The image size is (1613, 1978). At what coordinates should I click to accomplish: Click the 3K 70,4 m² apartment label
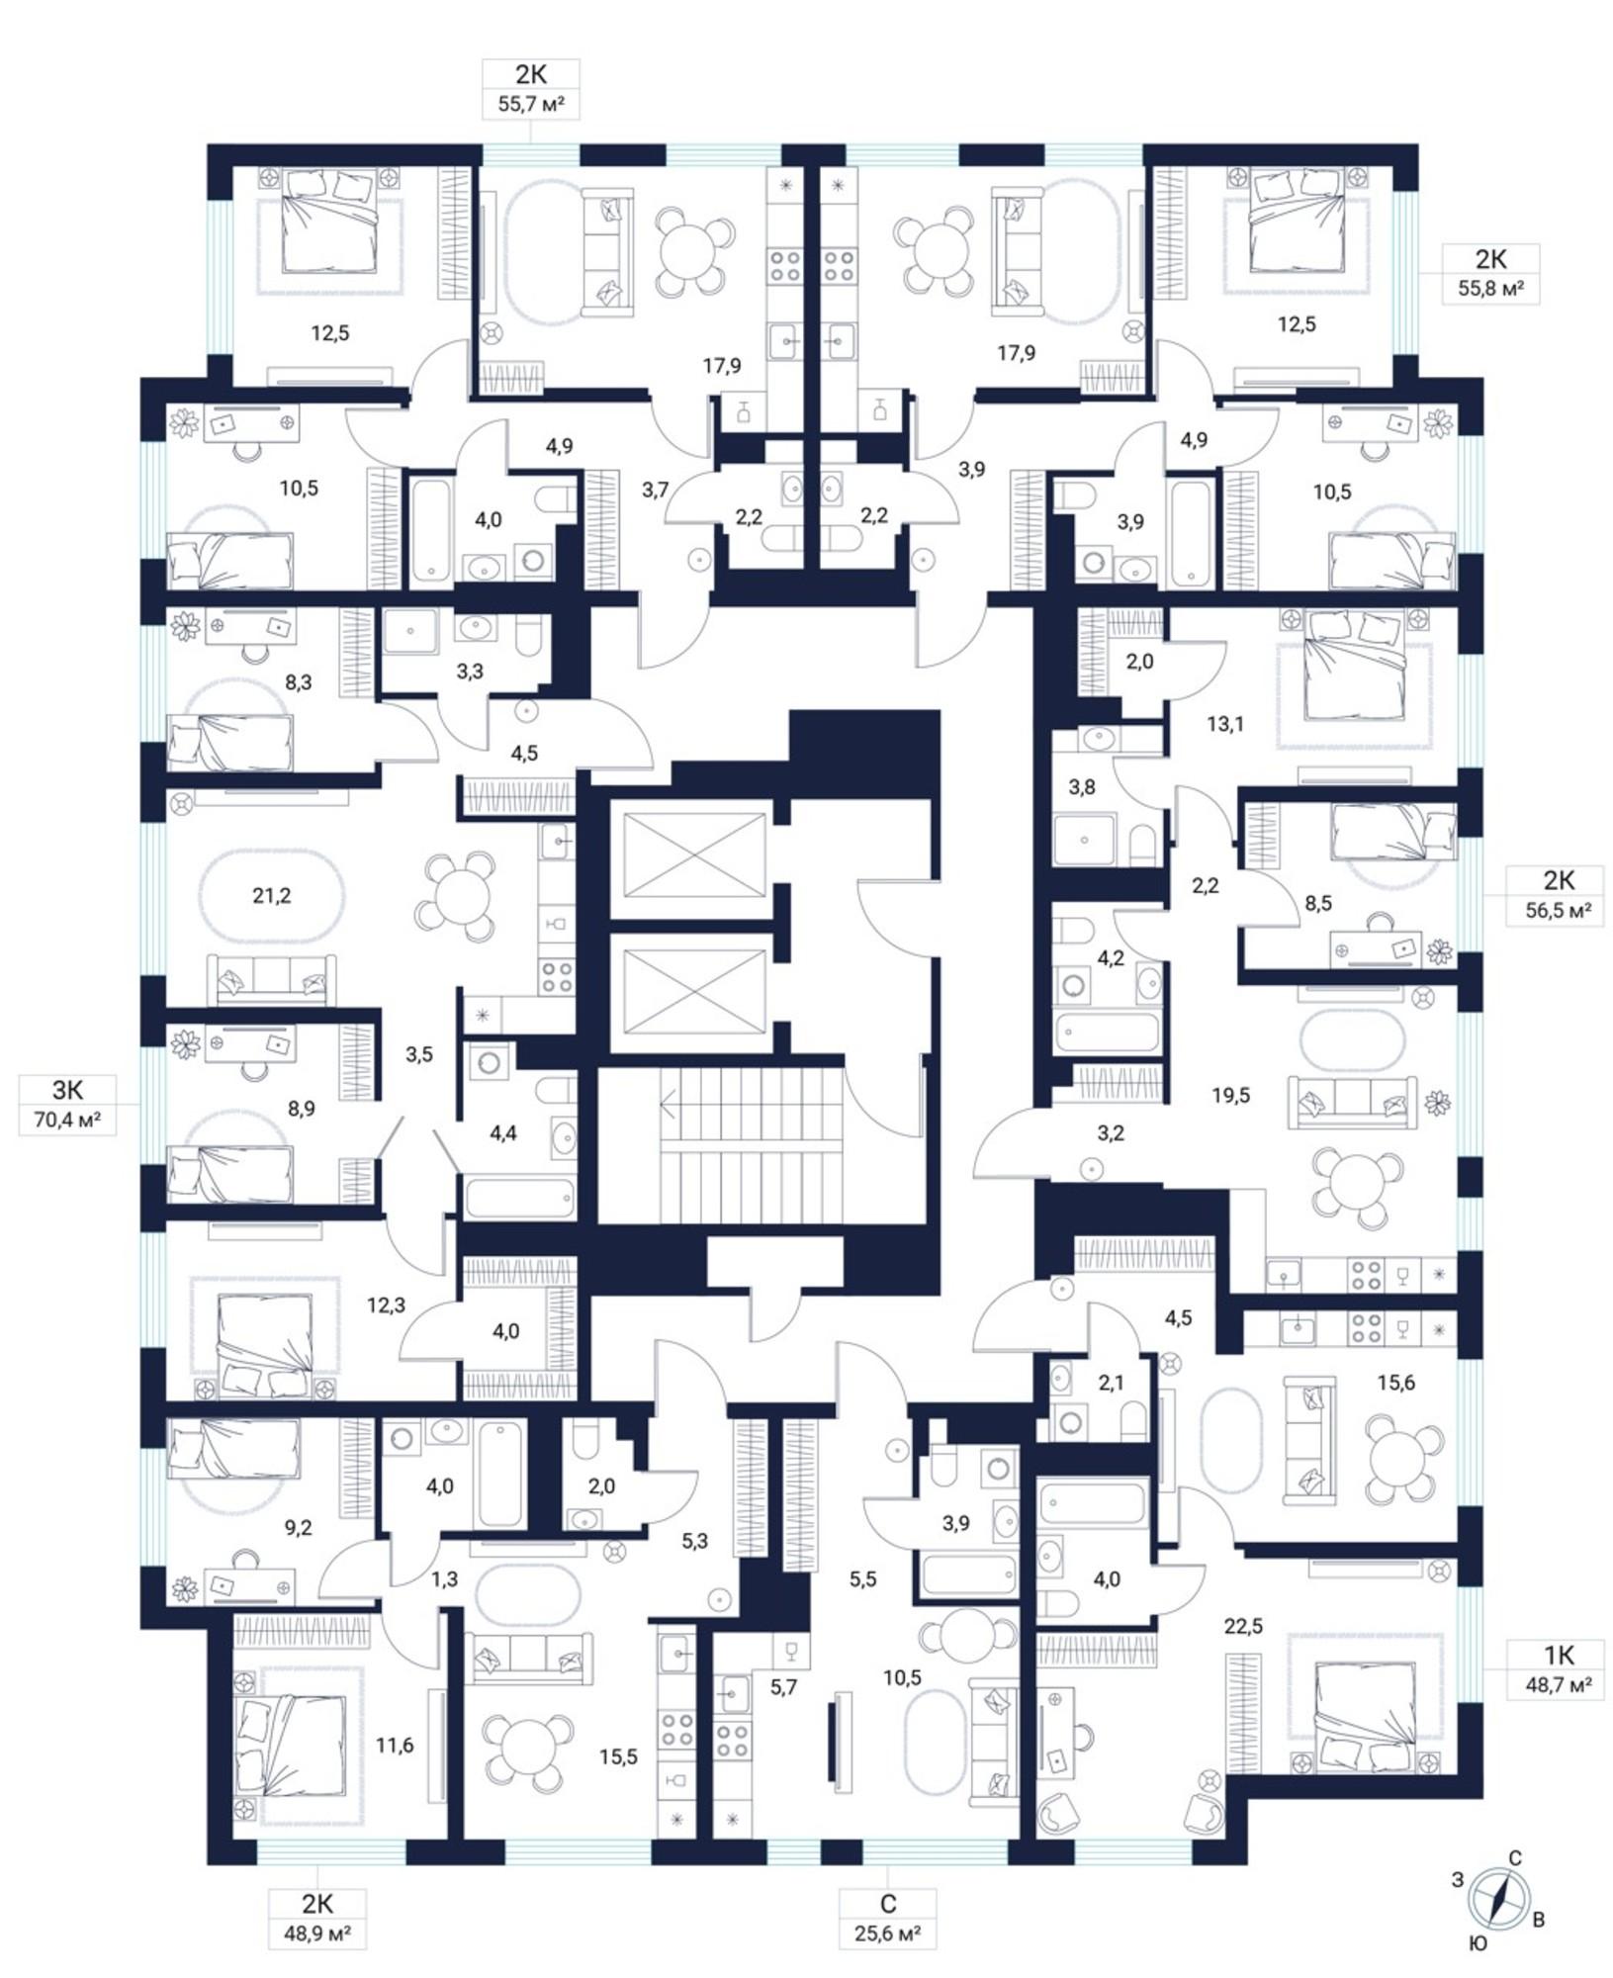67,1105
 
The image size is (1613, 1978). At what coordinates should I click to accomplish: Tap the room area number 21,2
271,896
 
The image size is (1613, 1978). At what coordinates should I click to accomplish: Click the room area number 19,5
1230,1095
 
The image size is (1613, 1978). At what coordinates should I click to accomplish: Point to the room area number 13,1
1224,724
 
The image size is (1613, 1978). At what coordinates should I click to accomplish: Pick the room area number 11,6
395,1746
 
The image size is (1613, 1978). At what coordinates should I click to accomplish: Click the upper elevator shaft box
689,855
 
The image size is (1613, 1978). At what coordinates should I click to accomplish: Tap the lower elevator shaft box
689,993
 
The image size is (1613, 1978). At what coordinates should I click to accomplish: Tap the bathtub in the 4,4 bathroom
519,1199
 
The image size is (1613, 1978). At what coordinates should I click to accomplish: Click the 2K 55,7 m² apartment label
531,89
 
